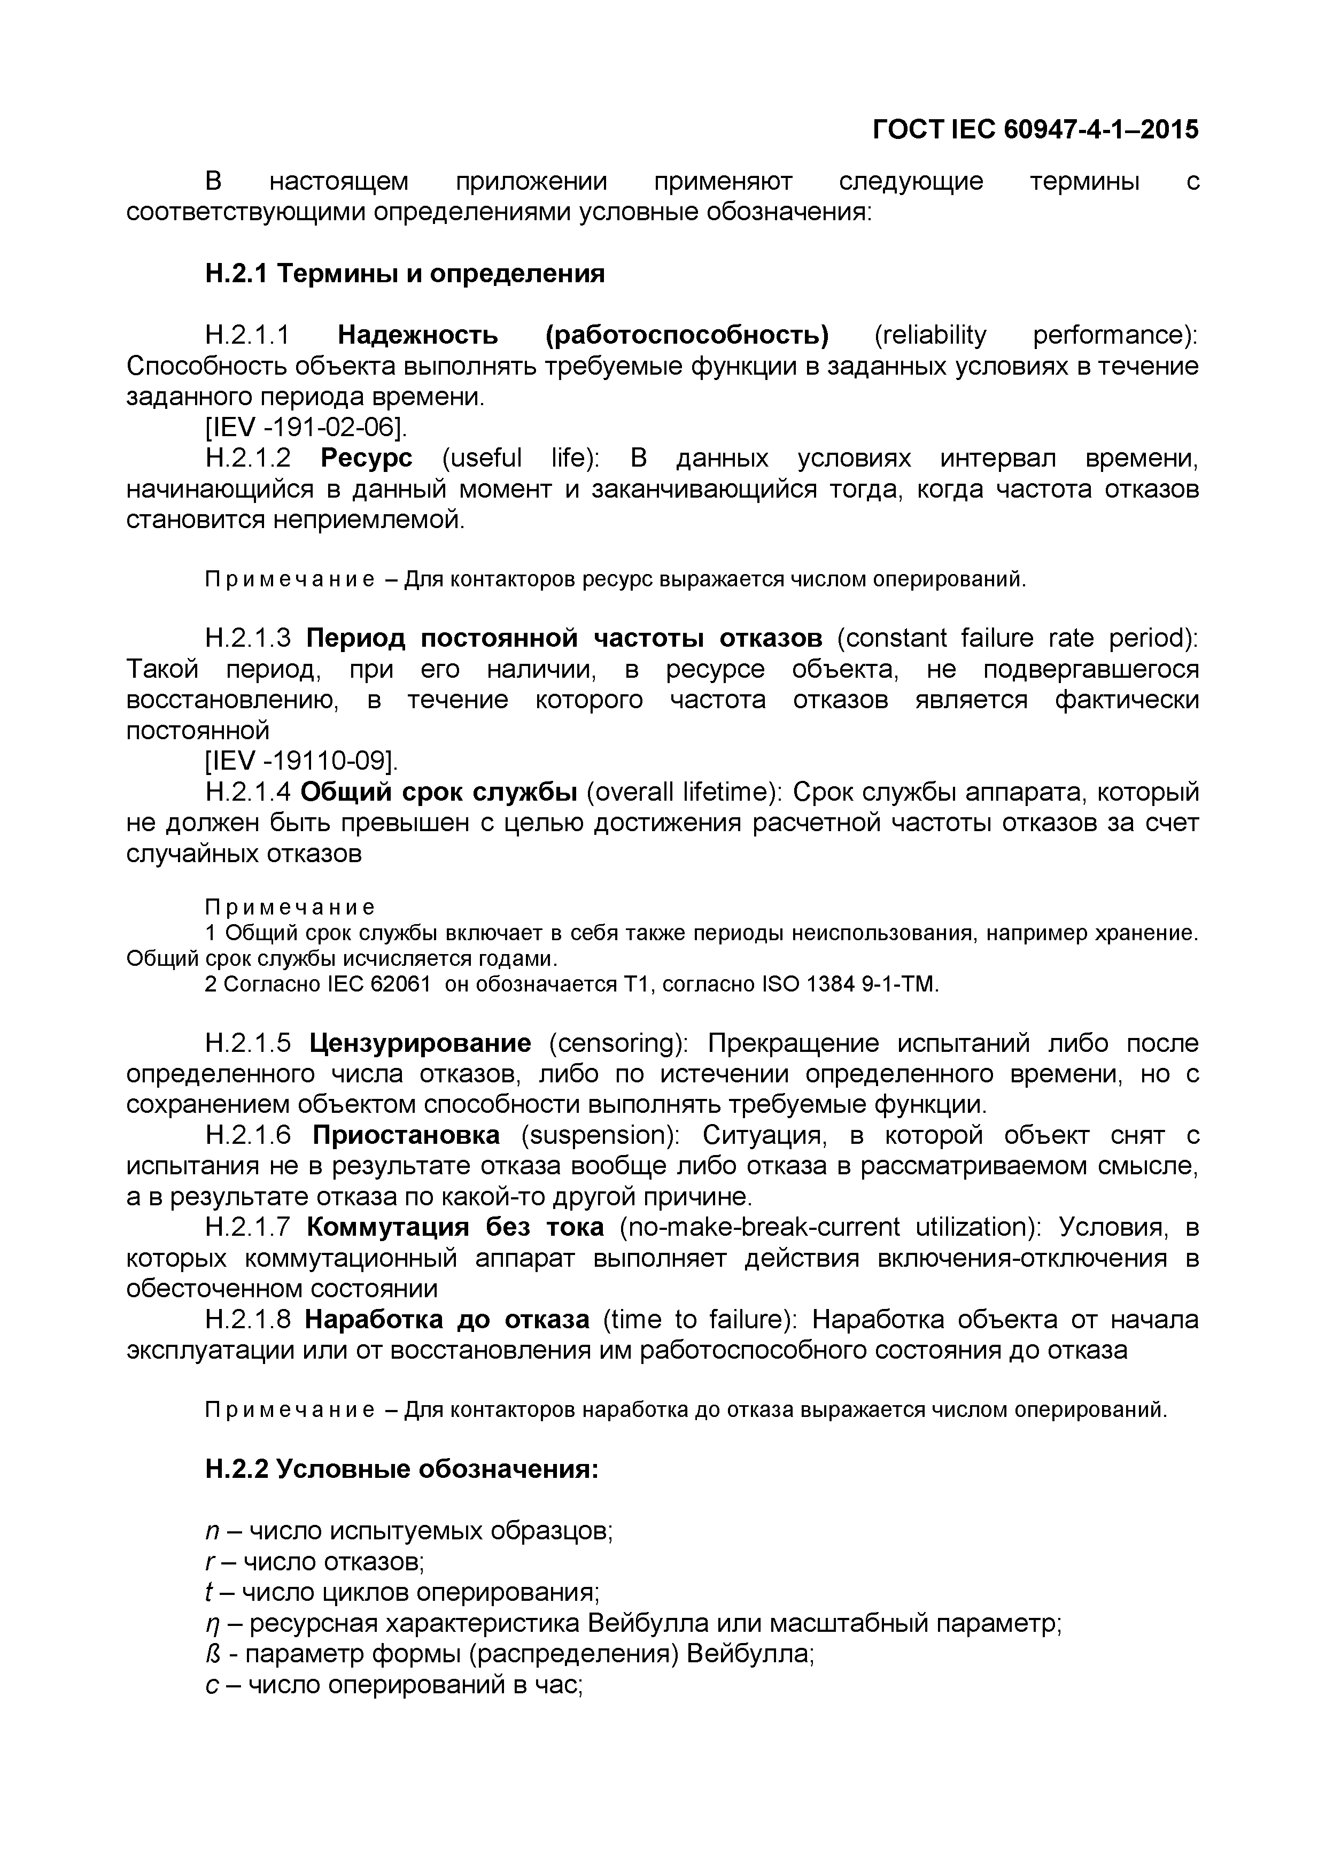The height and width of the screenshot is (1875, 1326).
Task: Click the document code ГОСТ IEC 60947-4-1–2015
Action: point(1035,130)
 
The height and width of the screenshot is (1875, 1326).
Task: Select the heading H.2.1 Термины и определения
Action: point(405,274)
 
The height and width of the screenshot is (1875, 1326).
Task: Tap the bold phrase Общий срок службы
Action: point(439,792)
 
